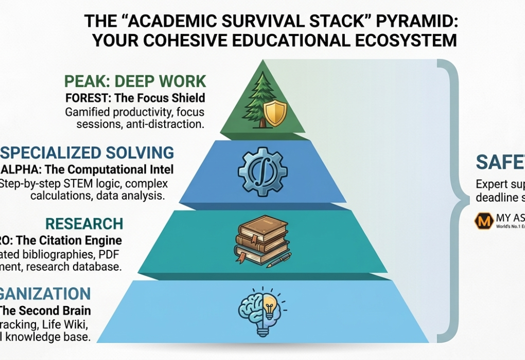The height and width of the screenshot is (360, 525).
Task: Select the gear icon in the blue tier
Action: [x=261, y=170]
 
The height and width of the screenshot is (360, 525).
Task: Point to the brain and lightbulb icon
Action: [x=262, y=311]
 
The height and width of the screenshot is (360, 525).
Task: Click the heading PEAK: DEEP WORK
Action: [x=135, y=81]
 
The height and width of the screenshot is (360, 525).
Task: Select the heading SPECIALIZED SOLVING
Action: [x=87, y=152]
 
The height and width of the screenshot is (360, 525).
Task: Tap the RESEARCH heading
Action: [x=84, y=223]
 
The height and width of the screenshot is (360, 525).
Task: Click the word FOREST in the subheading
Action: [x=85, y=98]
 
